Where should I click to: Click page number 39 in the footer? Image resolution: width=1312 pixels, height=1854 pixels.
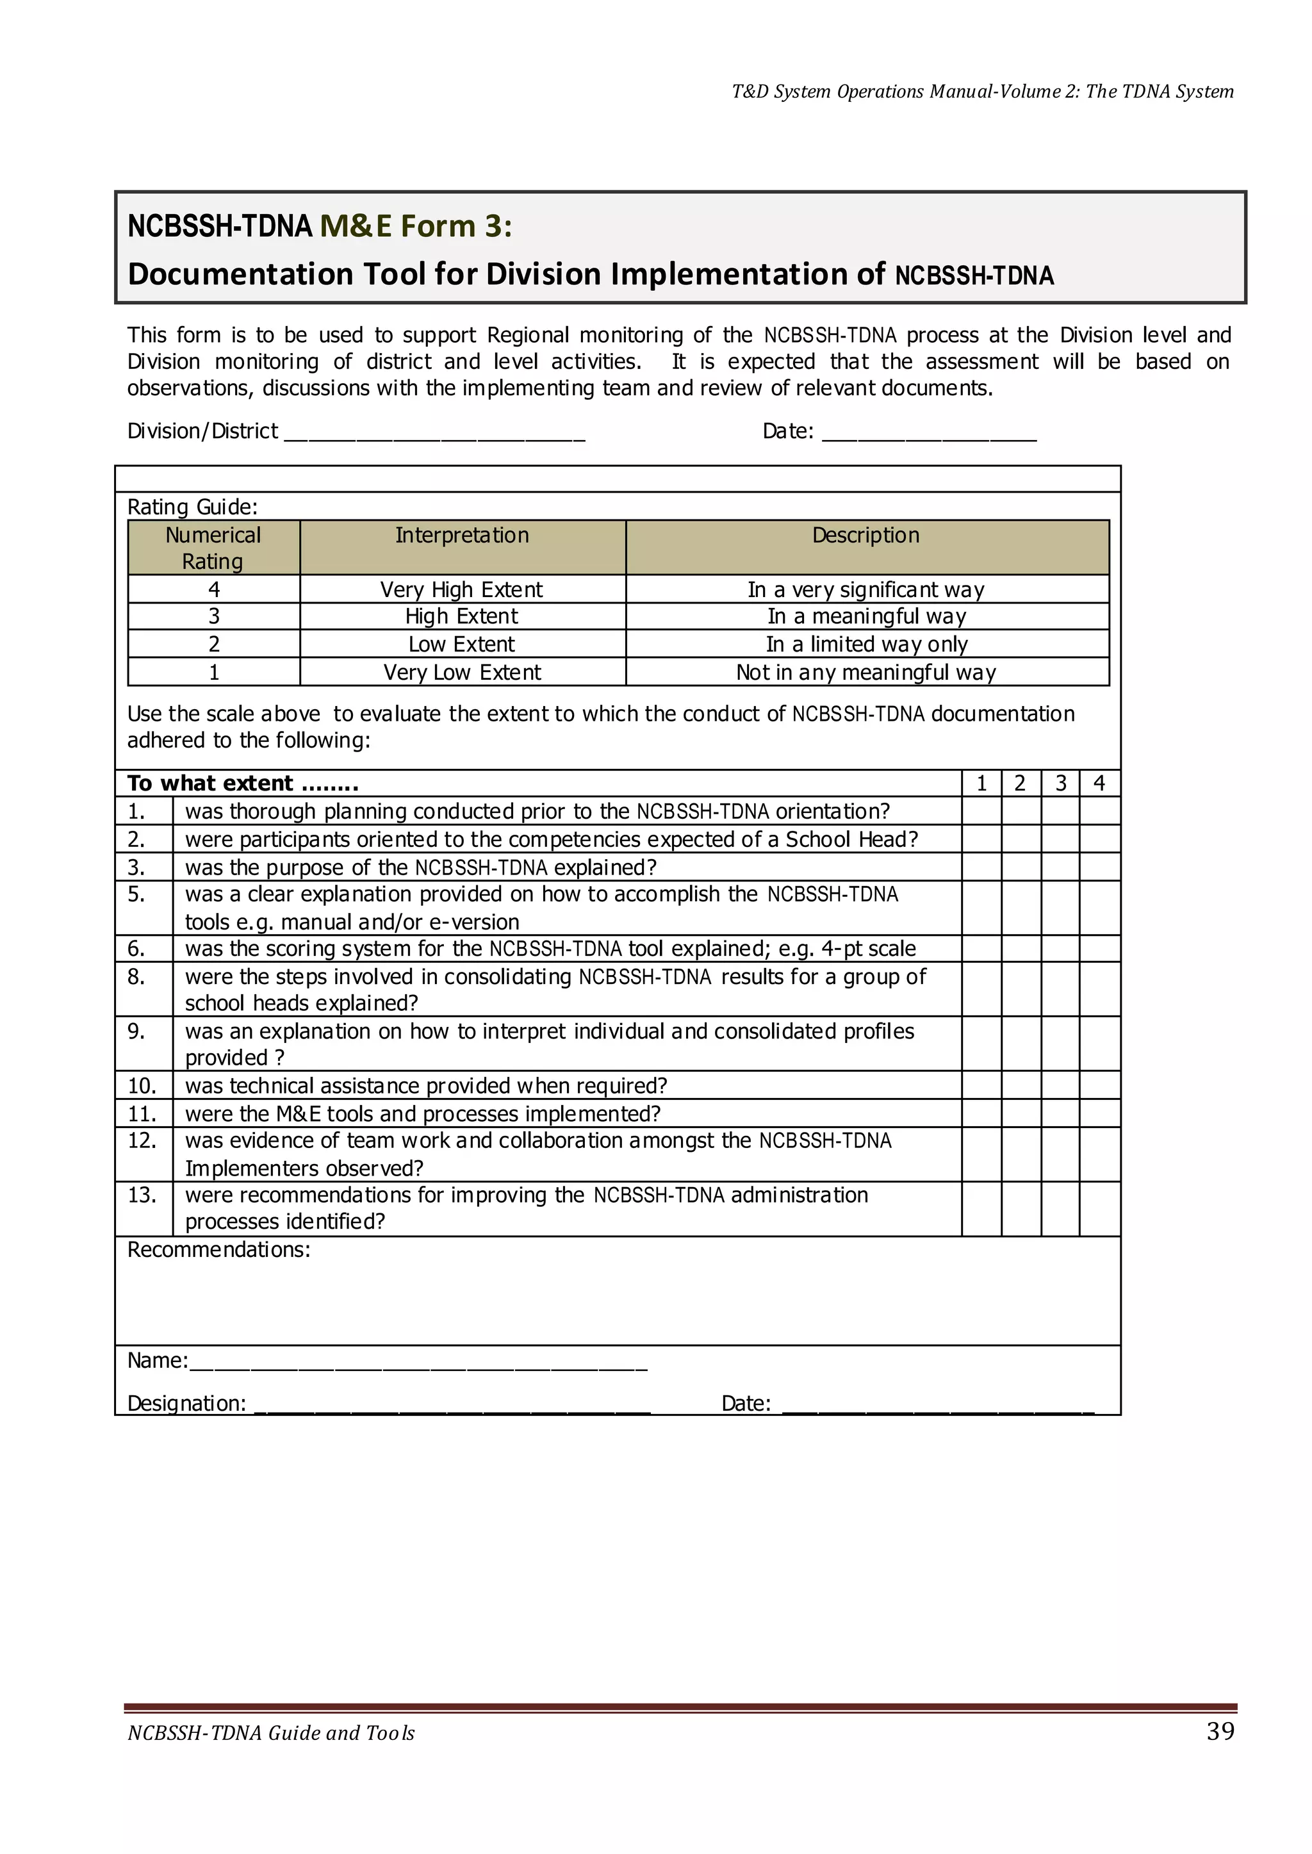pyautogui.click(x=1220, y=1730)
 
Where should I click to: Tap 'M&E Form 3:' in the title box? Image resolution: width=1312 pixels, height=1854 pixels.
pyautogui.click(x=416, y=226)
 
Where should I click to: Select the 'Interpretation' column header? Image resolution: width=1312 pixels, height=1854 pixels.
pyautogui.click(x=462, y=536)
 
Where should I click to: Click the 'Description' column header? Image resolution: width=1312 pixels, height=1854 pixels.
pyautogui.click(x=866, y=536)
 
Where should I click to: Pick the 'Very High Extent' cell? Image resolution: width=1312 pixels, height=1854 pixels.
pyautogui.click(x=462, y=590)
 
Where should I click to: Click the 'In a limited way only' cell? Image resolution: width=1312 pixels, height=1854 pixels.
pyautogui.click(x=866, y=644)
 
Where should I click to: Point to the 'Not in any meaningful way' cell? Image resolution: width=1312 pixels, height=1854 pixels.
pyautogui.click(x=866, y=672)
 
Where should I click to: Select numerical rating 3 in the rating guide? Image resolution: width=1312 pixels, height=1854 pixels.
pyautogui.click(x=214, y=617)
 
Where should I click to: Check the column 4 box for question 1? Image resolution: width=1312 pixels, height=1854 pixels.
pyautogui.click(x=1099, y=811)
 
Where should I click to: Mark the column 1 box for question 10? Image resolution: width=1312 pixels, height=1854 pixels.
pyautogui.click(x=981, y=1085)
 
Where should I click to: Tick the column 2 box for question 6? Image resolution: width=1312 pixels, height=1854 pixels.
pyautogui.click(x=1021, y=948)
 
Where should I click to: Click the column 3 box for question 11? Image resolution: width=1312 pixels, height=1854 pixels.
pyautogui.click(x=1060, y=1113)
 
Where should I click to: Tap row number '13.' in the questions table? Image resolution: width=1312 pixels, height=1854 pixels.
pyautogui.click(x=142, y=1195)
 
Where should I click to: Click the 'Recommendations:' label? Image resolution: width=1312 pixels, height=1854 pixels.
pyautogui.click(x=219, y=1251)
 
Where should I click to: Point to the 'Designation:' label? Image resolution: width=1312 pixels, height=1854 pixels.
pyautogui.click(x=186, y=1403)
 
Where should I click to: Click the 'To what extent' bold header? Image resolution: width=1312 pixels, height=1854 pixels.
pyautogui.click(x=242, y=783)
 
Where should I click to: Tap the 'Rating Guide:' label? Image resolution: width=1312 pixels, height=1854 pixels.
pyautogui.click(x=192, y=507)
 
